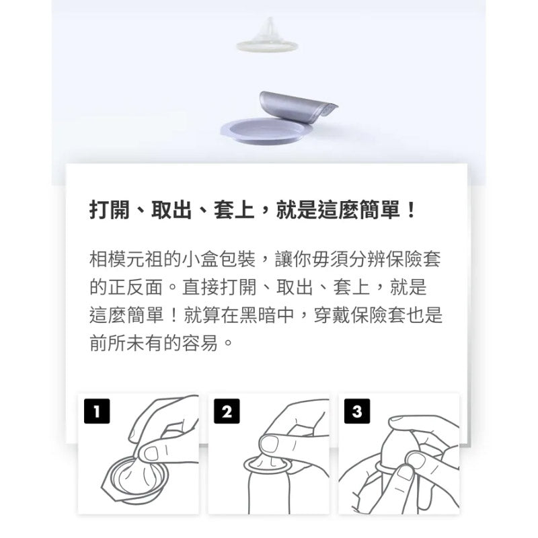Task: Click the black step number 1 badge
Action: [x=97, y=411]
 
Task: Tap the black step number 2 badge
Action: [x=227, y=411]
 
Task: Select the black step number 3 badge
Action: [x=357, y=411]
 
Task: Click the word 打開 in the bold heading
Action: [x=110, y=210]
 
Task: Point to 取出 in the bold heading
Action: [x=171, y=210]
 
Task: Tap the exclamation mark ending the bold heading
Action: [x=410, y=210]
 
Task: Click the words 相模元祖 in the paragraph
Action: [x=126, y=259]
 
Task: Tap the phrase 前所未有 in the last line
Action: [x=126, y=343]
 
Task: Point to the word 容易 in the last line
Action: [x=200, y=343]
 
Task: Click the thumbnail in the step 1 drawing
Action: [x=151, y=453]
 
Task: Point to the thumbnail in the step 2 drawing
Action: [x=270, y=444]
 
